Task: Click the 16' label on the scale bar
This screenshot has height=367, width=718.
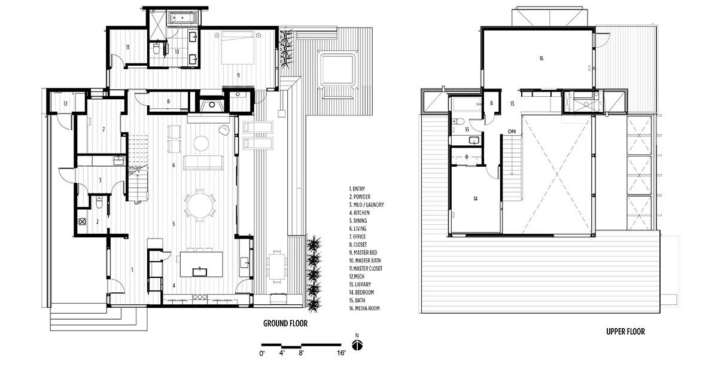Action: tap(341, 354)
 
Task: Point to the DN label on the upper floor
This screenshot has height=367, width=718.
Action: tap(512, 131)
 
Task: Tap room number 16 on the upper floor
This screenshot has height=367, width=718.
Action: tap(540, 59)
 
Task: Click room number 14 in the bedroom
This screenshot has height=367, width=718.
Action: tap(474, 198)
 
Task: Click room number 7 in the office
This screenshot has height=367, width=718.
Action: tap(103, 129)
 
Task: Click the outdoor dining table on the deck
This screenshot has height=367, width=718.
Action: tap(276, 265)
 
